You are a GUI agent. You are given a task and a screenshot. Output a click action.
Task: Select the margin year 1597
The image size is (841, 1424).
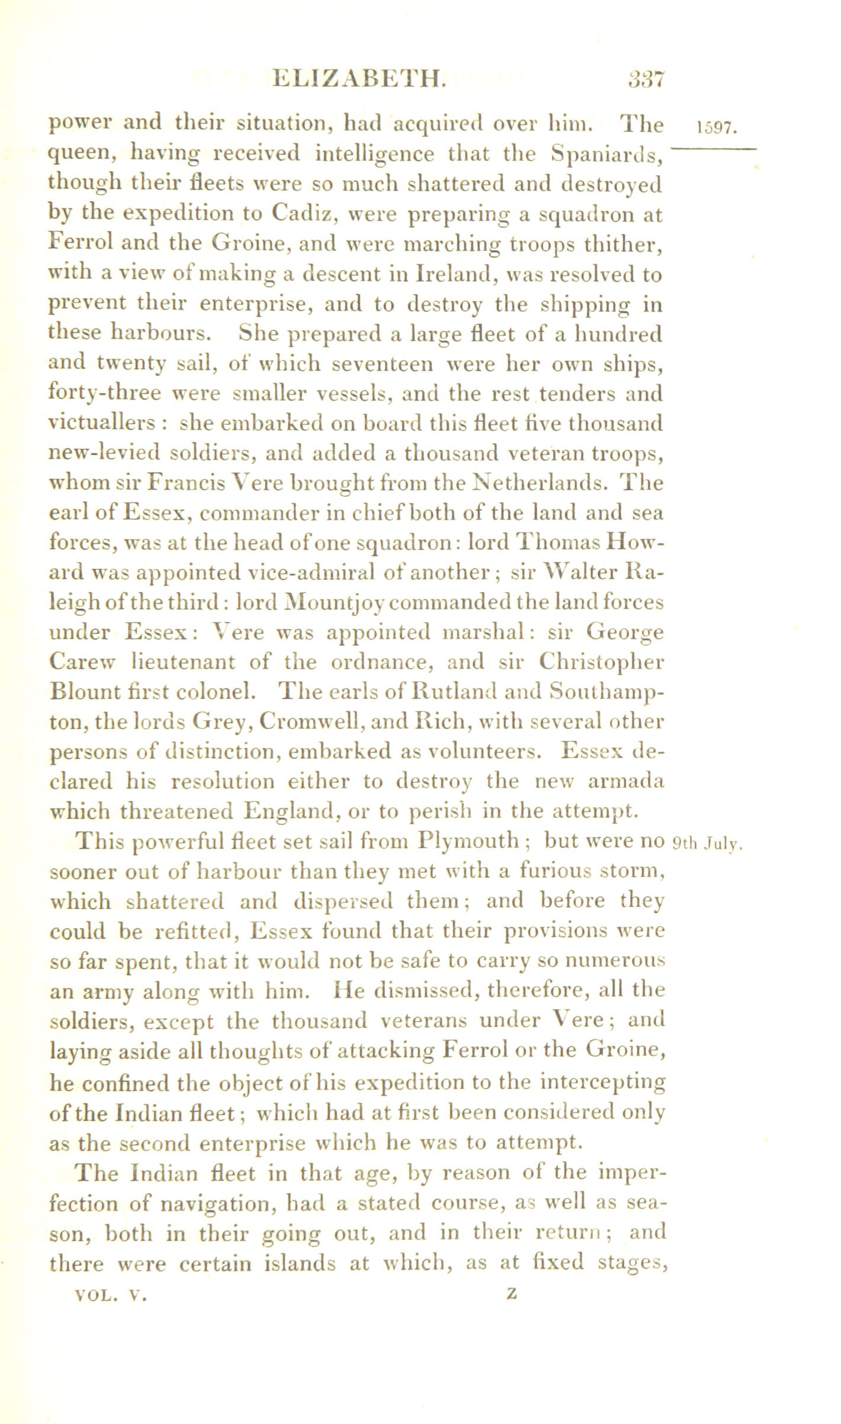point(716,128)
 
